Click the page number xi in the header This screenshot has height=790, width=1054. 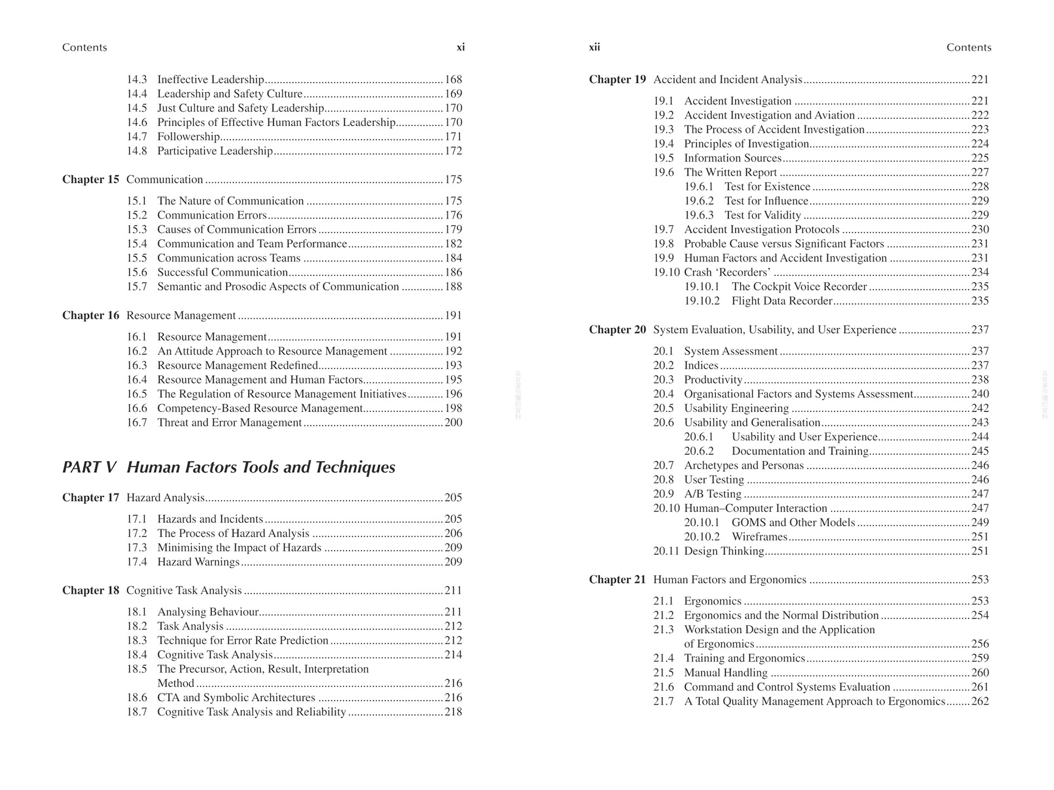[460, 47]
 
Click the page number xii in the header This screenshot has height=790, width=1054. [594, 47]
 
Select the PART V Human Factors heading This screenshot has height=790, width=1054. [229, 467]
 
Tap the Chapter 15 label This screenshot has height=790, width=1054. [90, 180]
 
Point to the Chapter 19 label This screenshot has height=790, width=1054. [617, 80]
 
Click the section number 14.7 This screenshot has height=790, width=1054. [137, 137]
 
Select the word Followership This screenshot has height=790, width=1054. [188, 137]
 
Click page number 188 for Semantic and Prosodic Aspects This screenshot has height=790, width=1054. [453, 287]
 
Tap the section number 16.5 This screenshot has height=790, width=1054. [137, 394]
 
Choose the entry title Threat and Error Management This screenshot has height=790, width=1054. [229, 423]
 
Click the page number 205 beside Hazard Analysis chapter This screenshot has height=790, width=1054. [453, 498]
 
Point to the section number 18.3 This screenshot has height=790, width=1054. [137, 641]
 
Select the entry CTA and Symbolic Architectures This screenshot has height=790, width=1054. [236, 698]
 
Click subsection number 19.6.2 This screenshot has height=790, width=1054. [699, 201]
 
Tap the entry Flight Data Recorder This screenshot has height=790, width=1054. [782, 301]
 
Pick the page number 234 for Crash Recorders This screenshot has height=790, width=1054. [980, 273]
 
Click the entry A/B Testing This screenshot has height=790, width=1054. [713, 494]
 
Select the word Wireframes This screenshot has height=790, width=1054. [759, 537]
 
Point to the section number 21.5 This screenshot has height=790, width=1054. [664, 673]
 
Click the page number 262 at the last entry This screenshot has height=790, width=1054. [980, 701]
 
